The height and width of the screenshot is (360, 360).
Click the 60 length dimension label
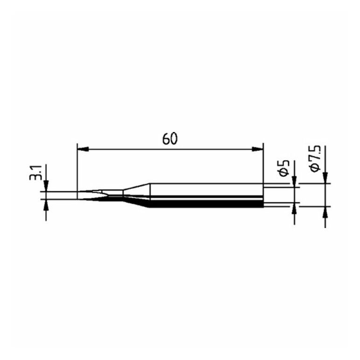[x=170, y=139]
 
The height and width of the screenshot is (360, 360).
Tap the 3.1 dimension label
[x=35, y=173]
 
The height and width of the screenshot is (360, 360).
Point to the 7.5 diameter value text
[x=316, y=155]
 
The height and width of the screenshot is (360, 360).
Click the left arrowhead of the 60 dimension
[x=83, y=149]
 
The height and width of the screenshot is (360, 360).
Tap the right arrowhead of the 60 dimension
[x=257, y=149]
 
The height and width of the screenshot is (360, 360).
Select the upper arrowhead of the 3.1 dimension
[x=46, y=186]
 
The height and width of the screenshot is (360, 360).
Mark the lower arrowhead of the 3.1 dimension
[x=46, y=205]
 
